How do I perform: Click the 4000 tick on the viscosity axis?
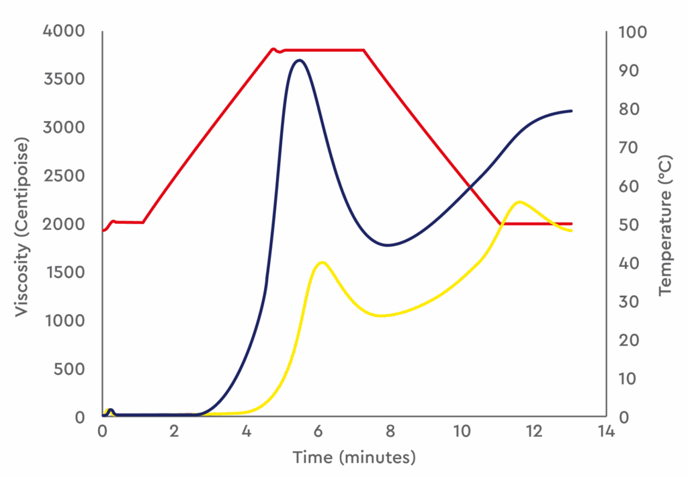(x=64, y=31)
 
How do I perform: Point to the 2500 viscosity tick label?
(x=64, y=176)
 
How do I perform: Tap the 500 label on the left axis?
(x=69, y=369)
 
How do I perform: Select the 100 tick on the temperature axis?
(x=632, y=32)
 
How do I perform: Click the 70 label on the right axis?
(x=629, y=147)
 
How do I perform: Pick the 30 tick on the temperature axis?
(x=629, y=302)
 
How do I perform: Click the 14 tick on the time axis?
(x=606, y=432)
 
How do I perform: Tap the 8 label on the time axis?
(x=390, y=432)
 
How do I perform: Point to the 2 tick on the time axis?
(x=174, y=432)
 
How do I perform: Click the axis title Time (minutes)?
(x=354, y=457)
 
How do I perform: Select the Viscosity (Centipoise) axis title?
(x=21, y=227)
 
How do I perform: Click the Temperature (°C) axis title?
(x=665, y=226)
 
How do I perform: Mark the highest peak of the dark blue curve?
(x=299, y=60)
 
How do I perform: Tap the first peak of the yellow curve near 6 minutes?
(x=322, y=262)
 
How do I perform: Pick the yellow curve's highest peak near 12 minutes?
(x=519, y=202)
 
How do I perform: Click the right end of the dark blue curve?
(x=571, y=111)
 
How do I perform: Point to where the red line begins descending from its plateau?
(x=363, y=50)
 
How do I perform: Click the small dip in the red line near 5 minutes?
(x=279, y=51)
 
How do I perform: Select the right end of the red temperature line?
(x=571, y=224)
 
